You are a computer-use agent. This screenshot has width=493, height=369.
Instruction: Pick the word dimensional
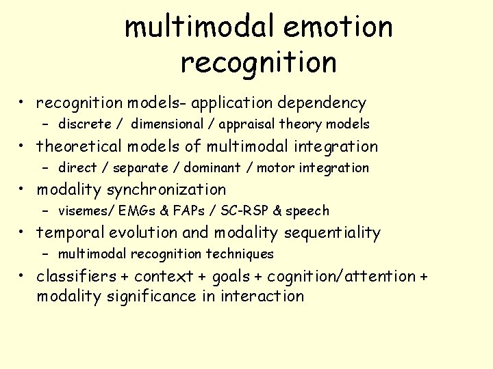point(167,124)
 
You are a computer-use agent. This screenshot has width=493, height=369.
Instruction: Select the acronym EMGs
point(135,210)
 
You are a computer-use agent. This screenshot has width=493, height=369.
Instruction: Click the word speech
point(308,211)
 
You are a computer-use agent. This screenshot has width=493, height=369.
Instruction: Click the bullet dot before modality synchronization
point(23,190)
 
